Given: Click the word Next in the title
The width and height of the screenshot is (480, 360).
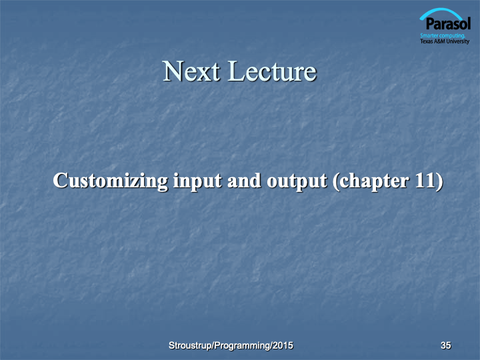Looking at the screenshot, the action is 191,71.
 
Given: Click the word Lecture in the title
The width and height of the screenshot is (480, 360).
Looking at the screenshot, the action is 272,71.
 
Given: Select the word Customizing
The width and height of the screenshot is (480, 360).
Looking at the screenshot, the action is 111,181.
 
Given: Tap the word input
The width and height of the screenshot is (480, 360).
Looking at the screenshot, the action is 197,181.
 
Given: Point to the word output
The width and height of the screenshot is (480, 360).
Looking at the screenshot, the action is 297,182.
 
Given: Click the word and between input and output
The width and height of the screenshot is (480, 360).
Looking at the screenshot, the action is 244,180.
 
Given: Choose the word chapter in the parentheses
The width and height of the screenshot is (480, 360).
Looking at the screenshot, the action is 374,181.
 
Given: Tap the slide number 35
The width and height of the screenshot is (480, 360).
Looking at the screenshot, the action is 446,345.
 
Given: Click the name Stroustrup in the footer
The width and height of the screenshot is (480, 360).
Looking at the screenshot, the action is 190,345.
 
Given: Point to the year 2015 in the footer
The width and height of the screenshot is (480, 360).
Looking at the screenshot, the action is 283,345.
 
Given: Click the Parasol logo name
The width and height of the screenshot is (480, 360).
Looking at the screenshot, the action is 448,23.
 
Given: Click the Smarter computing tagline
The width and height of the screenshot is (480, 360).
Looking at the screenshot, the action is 443,36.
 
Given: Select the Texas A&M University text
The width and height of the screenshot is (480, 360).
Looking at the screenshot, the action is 445,41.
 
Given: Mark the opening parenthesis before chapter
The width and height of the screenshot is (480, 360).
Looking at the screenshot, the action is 336,181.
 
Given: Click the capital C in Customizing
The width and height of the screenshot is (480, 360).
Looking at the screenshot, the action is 60,180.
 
